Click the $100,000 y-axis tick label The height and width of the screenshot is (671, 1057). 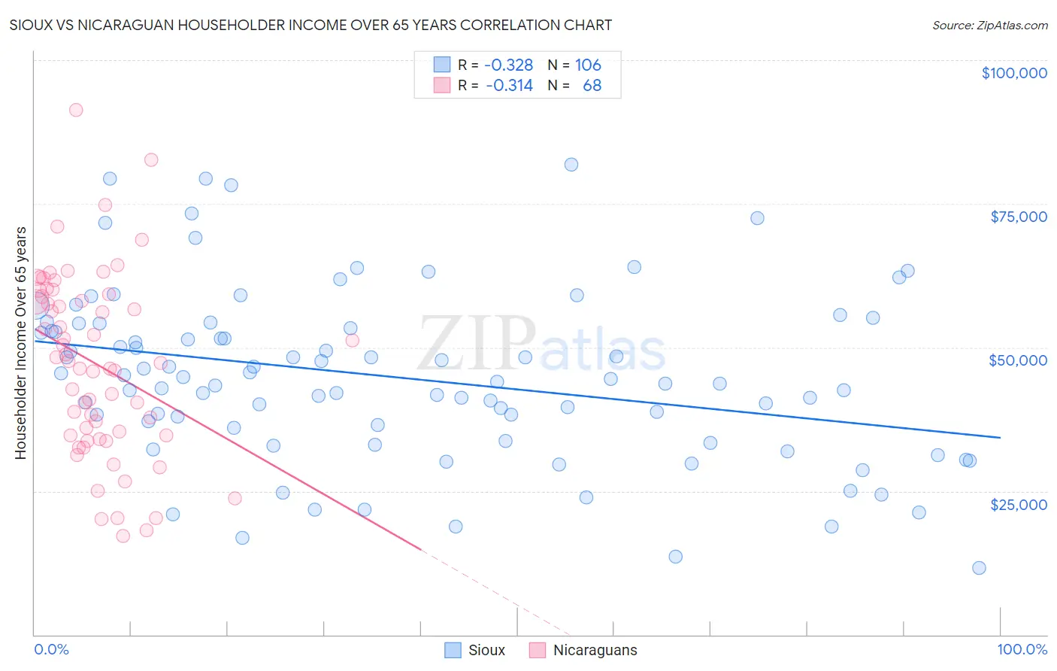click(1014, 73)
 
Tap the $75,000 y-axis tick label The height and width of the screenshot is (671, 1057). click(1019, 217)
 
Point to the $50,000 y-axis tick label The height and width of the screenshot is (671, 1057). click(1017, 360)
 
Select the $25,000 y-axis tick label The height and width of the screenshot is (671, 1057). click(1018, 504)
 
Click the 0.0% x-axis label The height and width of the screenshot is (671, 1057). click(51, 649)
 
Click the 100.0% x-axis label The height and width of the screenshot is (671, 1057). click(1022, 649)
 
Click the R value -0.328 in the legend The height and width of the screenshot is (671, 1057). click(509, 65)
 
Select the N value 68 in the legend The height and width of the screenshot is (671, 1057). click(592, 86)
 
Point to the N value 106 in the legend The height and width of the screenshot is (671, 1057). click(588, 65)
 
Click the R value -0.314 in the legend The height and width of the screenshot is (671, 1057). click(509, 86)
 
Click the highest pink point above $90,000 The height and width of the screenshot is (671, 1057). click(76, 110)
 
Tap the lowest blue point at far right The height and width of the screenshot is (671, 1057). click(979, 568)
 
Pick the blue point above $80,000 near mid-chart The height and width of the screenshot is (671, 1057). click(571, 165)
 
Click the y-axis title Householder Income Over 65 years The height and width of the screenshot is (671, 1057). click(21, 343)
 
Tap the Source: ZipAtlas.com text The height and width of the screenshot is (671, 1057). click(989, 26)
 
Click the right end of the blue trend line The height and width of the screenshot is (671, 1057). click(1000, 437)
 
